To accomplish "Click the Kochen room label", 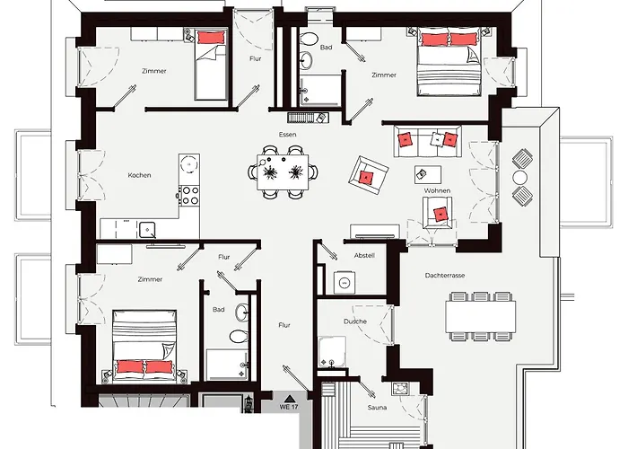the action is pos(139,175).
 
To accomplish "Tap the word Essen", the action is pos(288,135).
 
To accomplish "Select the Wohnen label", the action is pos(437,190).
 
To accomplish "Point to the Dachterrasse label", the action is pos(445,276).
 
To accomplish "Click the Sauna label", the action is pos(378,408).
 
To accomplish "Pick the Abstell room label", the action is pos(364,255).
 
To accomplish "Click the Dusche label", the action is pos(355,321).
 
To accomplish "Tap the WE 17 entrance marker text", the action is pos(289,407).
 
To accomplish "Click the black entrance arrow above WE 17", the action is pos(289,399).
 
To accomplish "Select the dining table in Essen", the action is pos(283,172).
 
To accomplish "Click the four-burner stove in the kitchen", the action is pos(189,196).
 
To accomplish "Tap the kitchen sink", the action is pos(148,229).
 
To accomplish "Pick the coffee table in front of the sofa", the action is pos(428,174).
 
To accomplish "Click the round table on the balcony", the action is pos(519,177).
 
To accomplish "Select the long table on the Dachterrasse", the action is pos(481,316).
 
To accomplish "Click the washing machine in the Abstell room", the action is pos(345,282).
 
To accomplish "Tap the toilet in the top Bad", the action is pos(309,39).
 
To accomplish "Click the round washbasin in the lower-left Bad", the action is pos(242,313).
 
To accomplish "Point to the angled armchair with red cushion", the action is pos(369,176).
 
